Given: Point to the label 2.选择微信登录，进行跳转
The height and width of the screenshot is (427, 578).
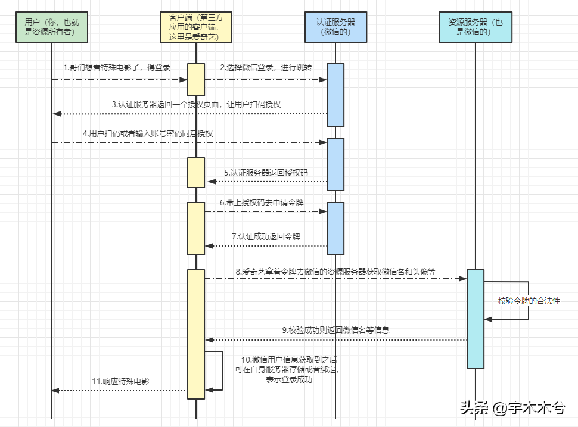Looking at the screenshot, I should [266, 68].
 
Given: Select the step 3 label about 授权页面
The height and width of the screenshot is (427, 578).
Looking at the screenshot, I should [196, 104].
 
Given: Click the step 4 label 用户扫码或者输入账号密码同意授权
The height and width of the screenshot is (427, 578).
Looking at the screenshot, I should [147, 133].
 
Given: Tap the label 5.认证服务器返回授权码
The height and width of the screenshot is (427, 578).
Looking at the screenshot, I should [266, 172].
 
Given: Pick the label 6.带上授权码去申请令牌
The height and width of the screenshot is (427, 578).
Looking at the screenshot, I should [262, 202].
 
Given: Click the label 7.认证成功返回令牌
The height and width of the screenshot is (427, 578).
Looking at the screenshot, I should [266, 236].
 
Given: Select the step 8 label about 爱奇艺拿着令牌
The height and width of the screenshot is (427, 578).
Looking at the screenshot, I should [335, 271].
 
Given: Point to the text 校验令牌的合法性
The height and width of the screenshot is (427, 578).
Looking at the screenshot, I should [529, 301].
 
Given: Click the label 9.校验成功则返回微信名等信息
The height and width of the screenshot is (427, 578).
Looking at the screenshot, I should [335, 329].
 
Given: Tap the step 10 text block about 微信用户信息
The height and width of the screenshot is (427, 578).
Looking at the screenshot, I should [290, 369].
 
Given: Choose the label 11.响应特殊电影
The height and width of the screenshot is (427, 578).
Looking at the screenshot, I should [120, 381].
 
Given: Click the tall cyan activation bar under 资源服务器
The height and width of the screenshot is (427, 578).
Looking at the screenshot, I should [475, 319].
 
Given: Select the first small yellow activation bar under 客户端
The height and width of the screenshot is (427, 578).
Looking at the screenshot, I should [196, 79].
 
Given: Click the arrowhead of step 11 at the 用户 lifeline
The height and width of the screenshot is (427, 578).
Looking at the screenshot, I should [55, 390].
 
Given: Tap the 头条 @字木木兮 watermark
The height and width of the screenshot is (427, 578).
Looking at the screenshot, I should [512, 408].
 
